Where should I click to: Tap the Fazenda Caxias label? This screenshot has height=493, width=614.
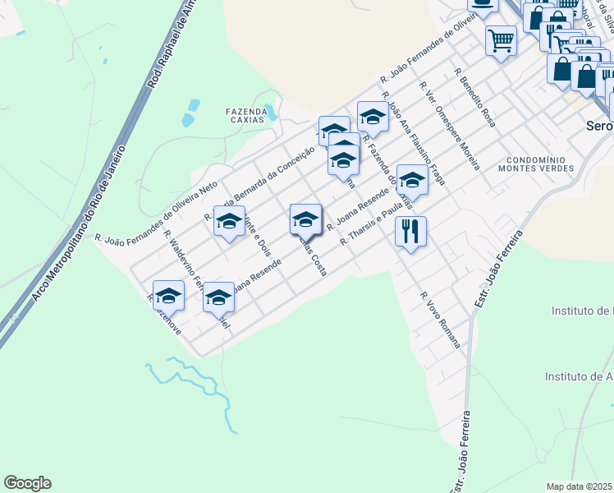pyautogui.click(x=246, y=115)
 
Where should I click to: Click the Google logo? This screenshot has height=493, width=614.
pyautogui.click(x=27, y=483)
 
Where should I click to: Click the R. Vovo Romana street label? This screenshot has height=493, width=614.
pyautogui.click(x=439, y=320)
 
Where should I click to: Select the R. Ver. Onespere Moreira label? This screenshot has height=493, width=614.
pyautogui.click(x=449, y=126)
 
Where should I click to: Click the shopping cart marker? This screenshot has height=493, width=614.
pyautogui.click(x=501, y=39)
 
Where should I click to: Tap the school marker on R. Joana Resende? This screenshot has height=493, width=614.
pyautogui.click(x=305, y=219)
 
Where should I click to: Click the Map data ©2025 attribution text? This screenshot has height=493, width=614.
pyautogui.click(x=580, y=486)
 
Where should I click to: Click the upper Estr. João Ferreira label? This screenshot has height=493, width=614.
pyautogui.click(x=498, y=270)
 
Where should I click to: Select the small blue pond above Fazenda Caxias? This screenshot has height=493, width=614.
pyautogui.click(x=193, y=105)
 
